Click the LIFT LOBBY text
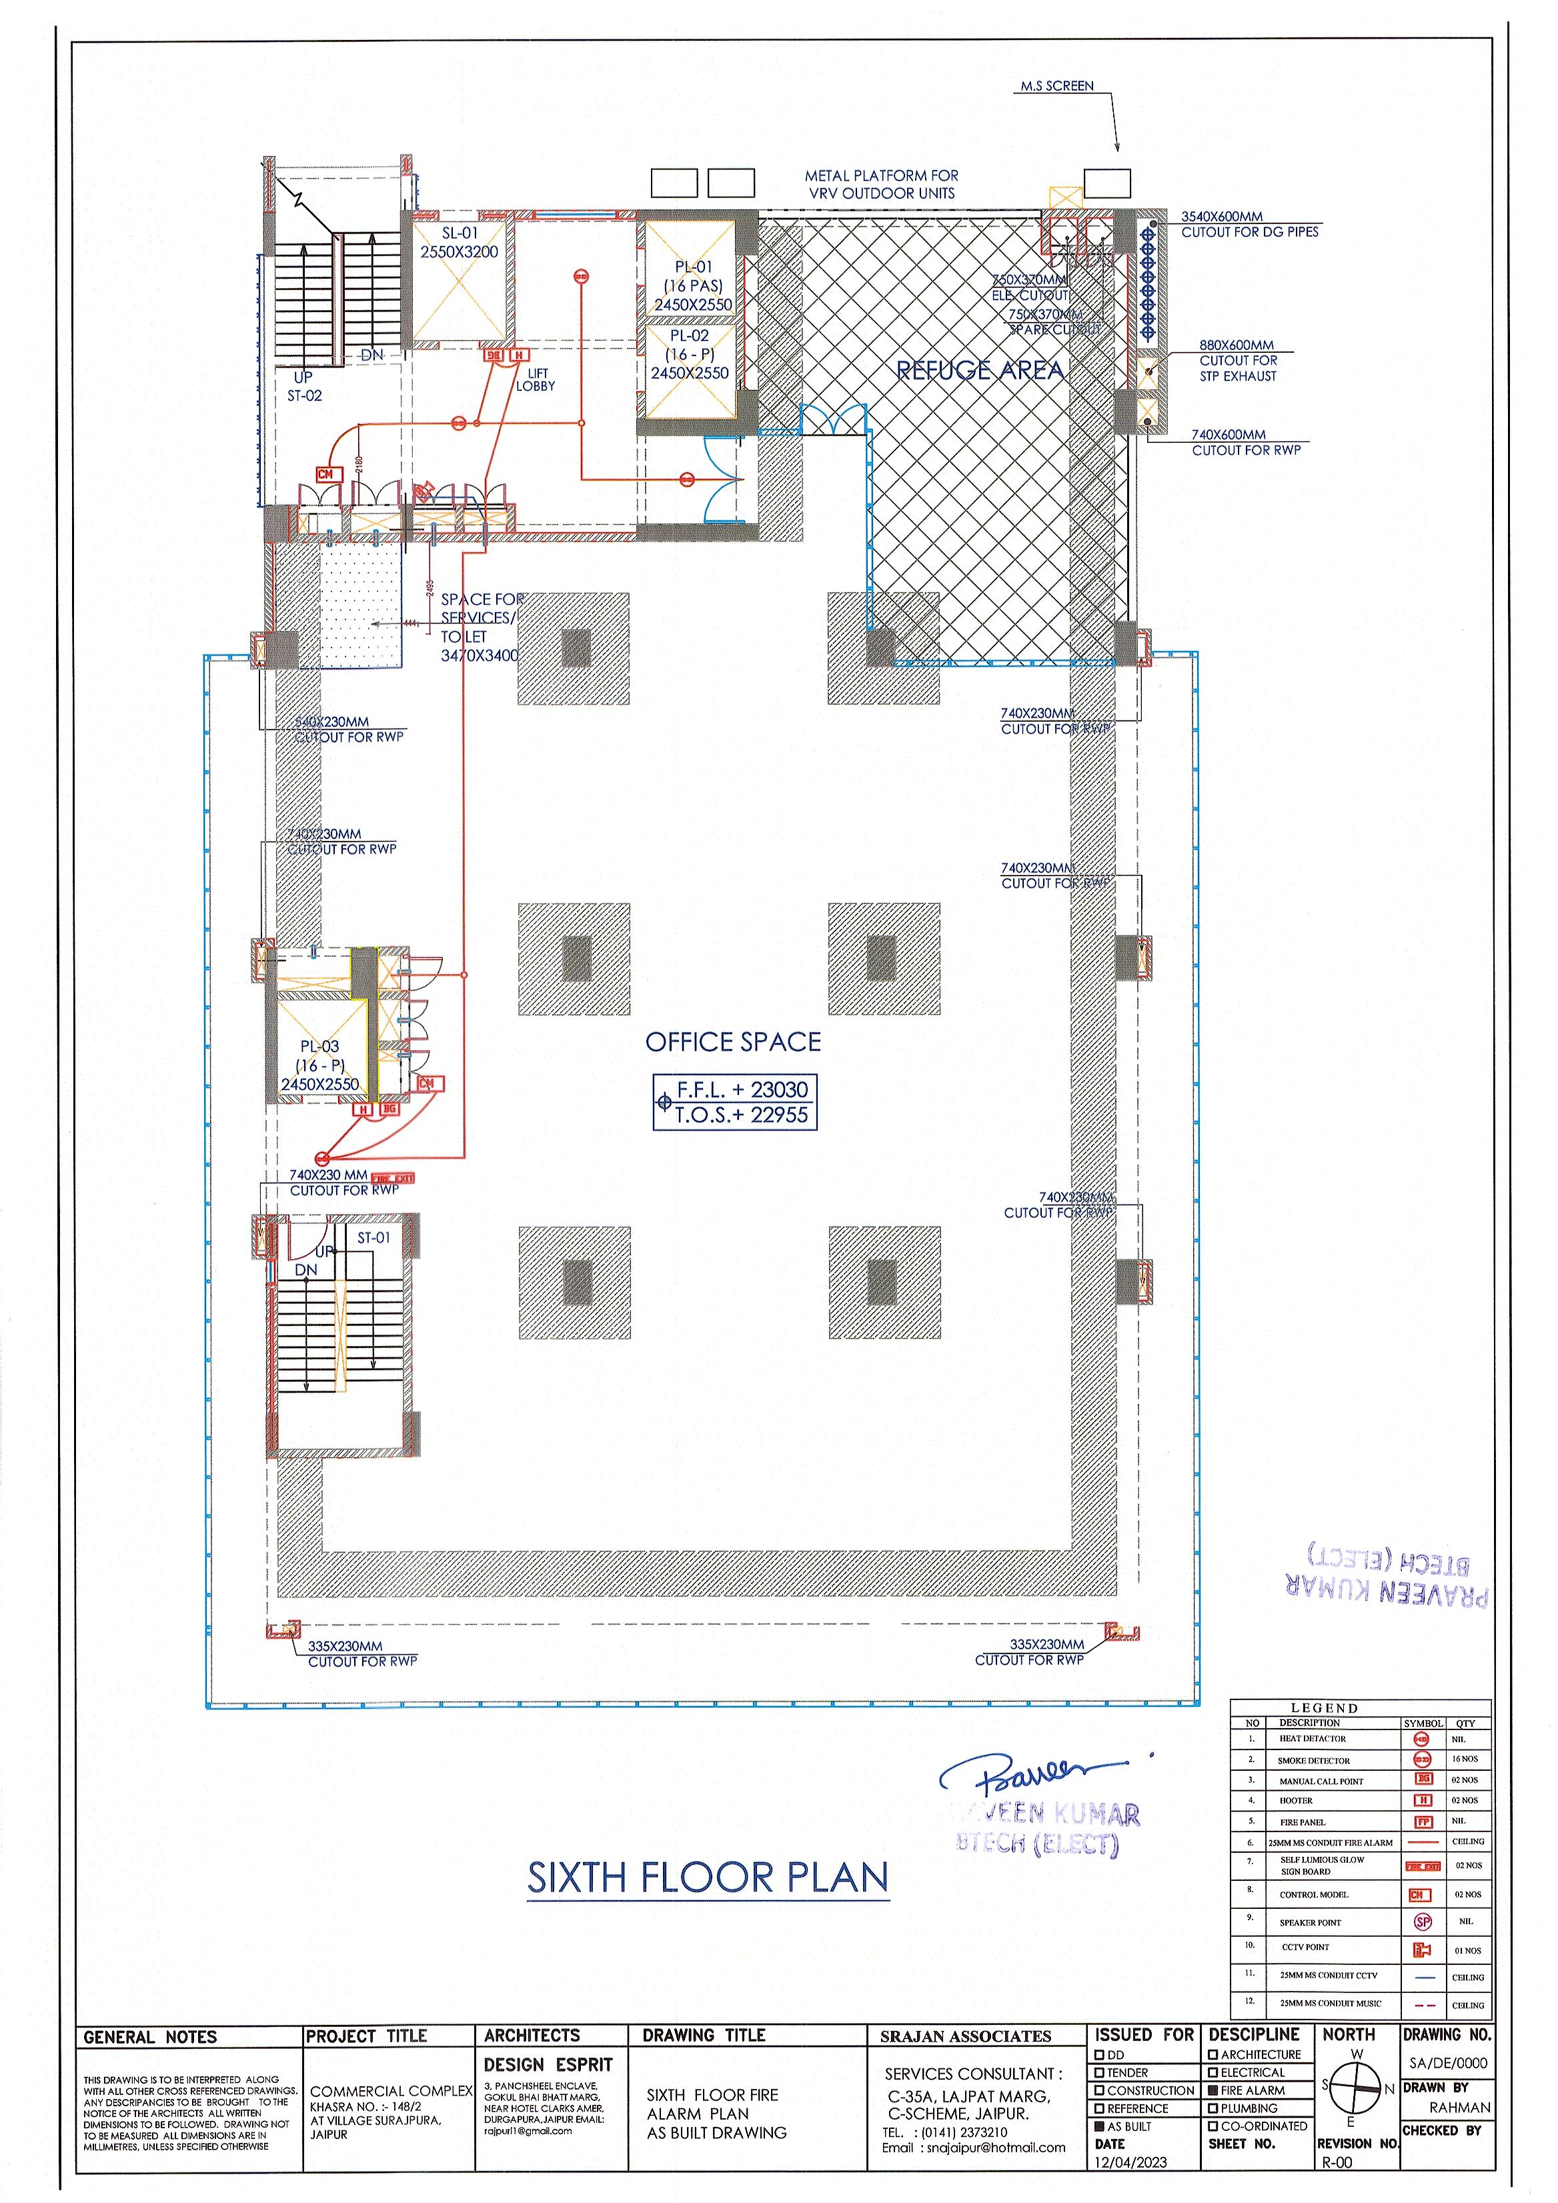click(x=536, y=380)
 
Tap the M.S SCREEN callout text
click(x=1056, y=86)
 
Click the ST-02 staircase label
click(x=305, y=396)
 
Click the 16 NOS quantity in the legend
click(x=1465, y=1759)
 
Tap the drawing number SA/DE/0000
click(x=1446, y=2063)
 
